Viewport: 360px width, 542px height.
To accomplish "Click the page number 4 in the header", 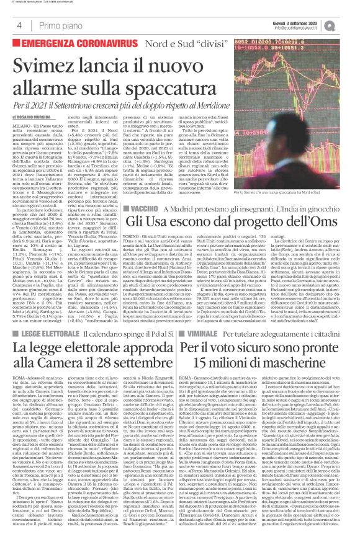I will pos(19,25).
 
